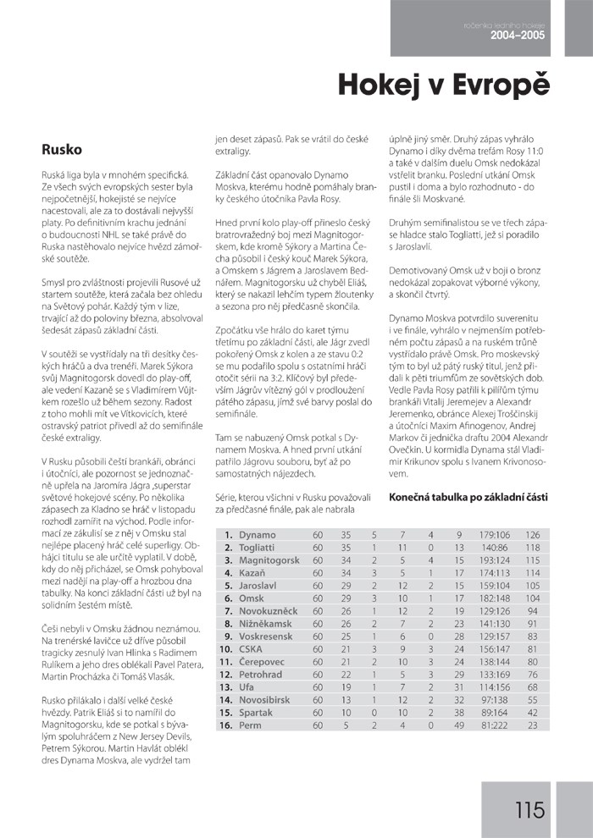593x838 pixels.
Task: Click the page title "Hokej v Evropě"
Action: click(444, 85)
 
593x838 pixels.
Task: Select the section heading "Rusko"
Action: click(62, 150)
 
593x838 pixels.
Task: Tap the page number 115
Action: click(529, 810)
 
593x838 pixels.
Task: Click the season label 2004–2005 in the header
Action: click(518, 36)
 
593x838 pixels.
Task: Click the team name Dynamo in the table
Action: click(258, 535)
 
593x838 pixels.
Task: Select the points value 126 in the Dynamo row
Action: click(532, 535)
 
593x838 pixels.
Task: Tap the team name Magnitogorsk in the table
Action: click(269, 560)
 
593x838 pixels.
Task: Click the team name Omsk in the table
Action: click(252, 598)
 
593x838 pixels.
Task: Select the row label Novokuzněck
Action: click(268, 610)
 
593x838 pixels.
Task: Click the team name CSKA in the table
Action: click(251, 648)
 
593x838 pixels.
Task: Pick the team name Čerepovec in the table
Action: click(262, 661)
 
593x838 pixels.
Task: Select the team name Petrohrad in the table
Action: click(261, 674)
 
